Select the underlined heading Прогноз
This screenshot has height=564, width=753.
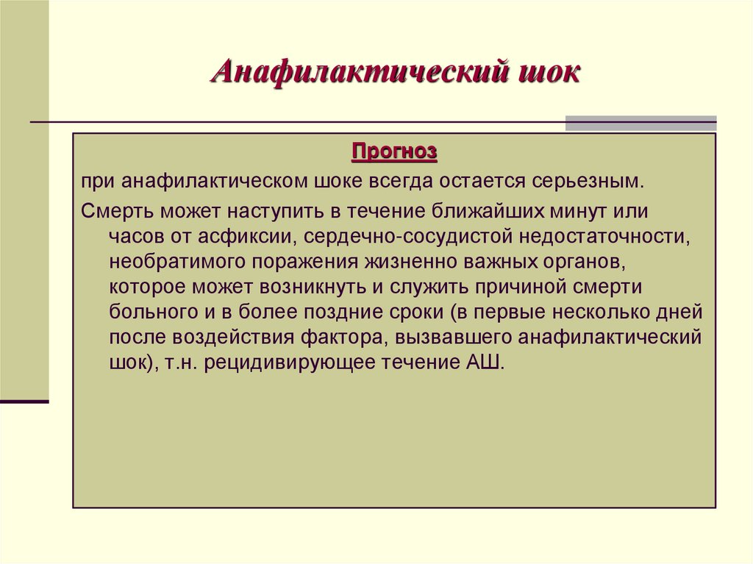click(x=394, y=152)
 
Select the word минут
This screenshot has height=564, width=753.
click(x=588, y=213)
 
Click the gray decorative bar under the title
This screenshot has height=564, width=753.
click(x=640, y=123)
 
